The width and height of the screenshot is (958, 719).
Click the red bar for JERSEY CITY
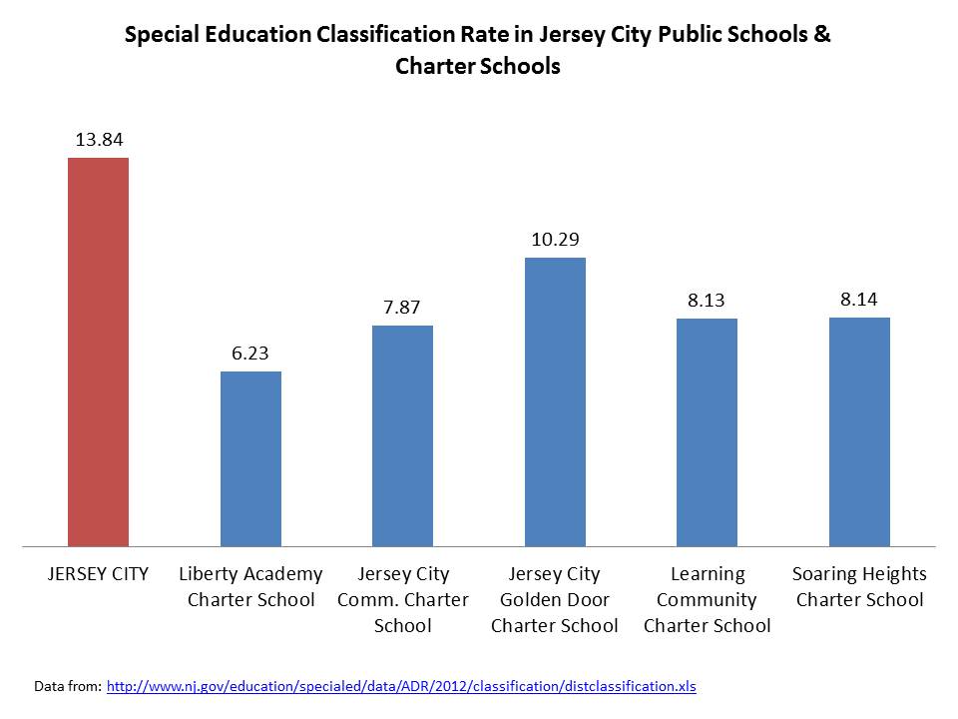pyautogui.click(x=98, y=352)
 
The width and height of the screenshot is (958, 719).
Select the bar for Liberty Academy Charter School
pyautogui.click(x=250, y=458)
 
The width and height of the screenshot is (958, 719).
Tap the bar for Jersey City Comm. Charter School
pyautogui.click(x=402, y=435)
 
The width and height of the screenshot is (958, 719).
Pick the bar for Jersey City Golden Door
pyautogui.click(x=555, y=401)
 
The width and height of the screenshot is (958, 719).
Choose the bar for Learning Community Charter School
pyautogui.click(x=707, y=431)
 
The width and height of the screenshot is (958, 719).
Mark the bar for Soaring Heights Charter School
pyautogui.click(x=859, y=431)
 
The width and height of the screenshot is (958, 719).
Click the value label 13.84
pyautogui.click(x=99, y=140)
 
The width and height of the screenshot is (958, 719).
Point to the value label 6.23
pyautogui.click(x=250, y=354)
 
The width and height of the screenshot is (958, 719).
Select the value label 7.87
pyautogui.click(x=402, y=308)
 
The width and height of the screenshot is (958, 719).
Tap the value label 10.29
pyautogui.click(x=555, y=240)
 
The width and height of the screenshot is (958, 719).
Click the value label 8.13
pyautogui.click(x=707, y=301)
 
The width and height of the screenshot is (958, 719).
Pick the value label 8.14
pyautogui.click(x=859, y=299)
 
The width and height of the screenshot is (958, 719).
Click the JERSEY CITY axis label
pyautogui.click(x=98, y=574)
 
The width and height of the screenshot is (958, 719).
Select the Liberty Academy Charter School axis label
pyautogui.click(x=250, y=587)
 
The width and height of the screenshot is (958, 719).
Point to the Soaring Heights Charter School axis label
pyautogui.click(x=859, y=587)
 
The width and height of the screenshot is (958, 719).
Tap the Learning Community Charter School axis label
pyautogui.click(x=707, y=600)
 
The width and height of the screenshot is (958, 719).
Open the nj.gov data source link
pyautogui.click(x=400, y=686)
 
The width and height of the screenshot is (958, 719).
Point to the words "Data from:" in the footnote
pyautogui.click(x=66, y=686)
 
